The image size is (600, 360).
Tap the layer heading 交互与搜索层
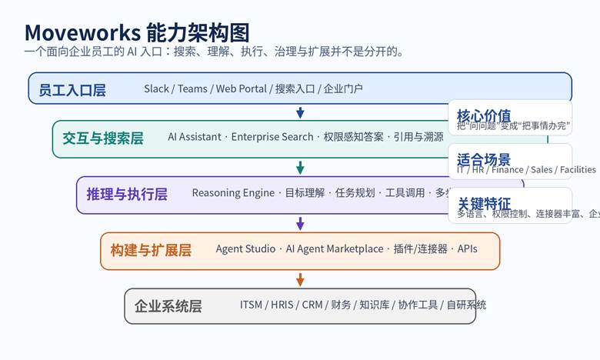102,138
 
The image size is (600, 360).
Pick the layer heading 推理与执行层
127,194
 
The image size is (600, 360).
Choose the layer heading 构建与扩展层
151,250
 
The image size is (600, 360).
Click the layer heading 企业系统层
168,306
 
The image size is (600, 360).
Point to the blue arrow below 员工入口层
300,112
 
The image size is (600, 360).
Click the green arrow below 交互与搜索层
300,168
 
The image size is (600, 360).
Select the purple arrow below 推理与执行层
300,224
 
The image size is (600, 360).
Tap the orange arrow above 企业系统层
300,279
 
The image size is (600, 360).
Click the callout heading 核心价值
483,115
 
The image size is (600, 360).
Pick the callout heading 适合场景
483,160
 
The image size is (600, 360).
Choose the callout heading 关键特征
483,204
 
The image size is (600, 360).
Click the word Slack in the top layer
156,88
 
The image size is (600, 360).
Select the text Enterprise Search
272,137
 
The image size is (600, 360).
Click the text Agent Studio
245,249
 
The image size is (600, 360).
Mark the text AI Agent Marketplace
334,249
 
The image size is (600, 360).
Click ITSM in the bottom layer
251,305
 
